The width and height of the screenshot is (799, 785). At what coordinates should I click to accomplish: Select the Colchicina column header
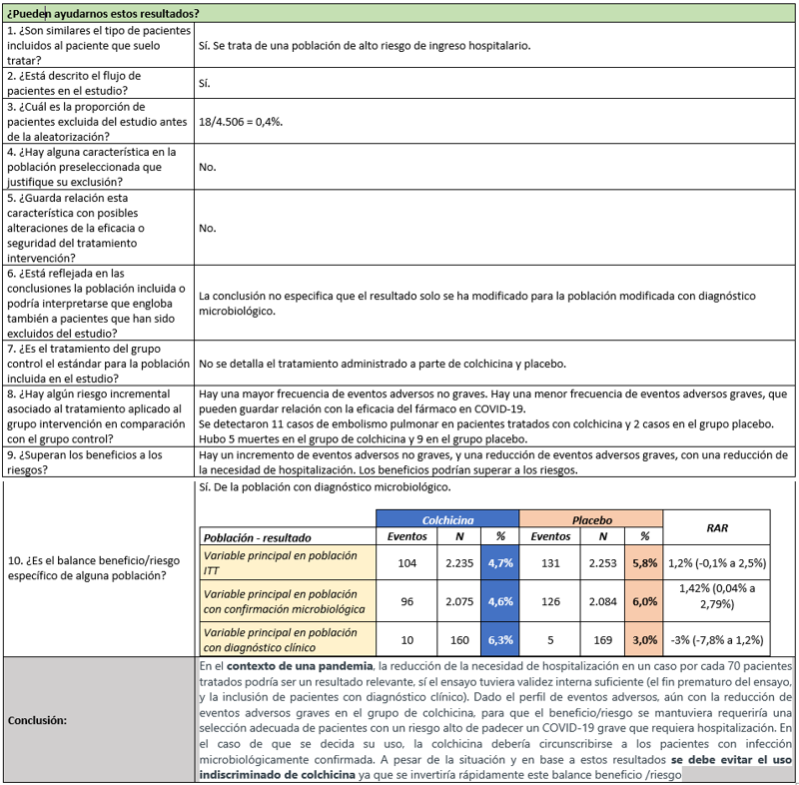click(447, 519)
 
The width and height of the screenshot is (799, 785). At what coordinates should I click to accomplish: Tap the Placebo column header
click(590, 519)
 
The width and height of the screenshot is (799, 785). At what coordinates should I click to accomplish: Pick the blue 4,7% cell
click(499, 562)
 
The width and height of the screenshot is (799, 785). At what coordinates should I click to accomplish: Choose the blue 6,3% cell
click(499, 640)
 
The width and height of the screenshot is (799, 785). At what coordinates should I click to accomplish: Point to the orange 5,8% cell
click(644, 562)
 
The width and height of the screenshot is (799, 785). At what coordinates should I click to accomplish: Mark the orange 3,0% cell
click(644, 640)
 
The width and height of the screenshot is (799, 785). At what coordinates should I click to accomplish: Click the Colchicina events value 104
click(406, 562)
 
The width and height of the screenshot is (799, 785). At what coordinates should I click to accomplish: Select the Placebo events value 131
click(550, 562)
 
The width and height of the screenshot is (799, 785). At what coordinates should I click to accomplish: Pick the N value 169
click(601, 640)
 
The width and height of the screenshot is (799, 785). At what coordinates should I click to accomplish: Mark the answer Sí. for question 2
click(207, 84)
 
